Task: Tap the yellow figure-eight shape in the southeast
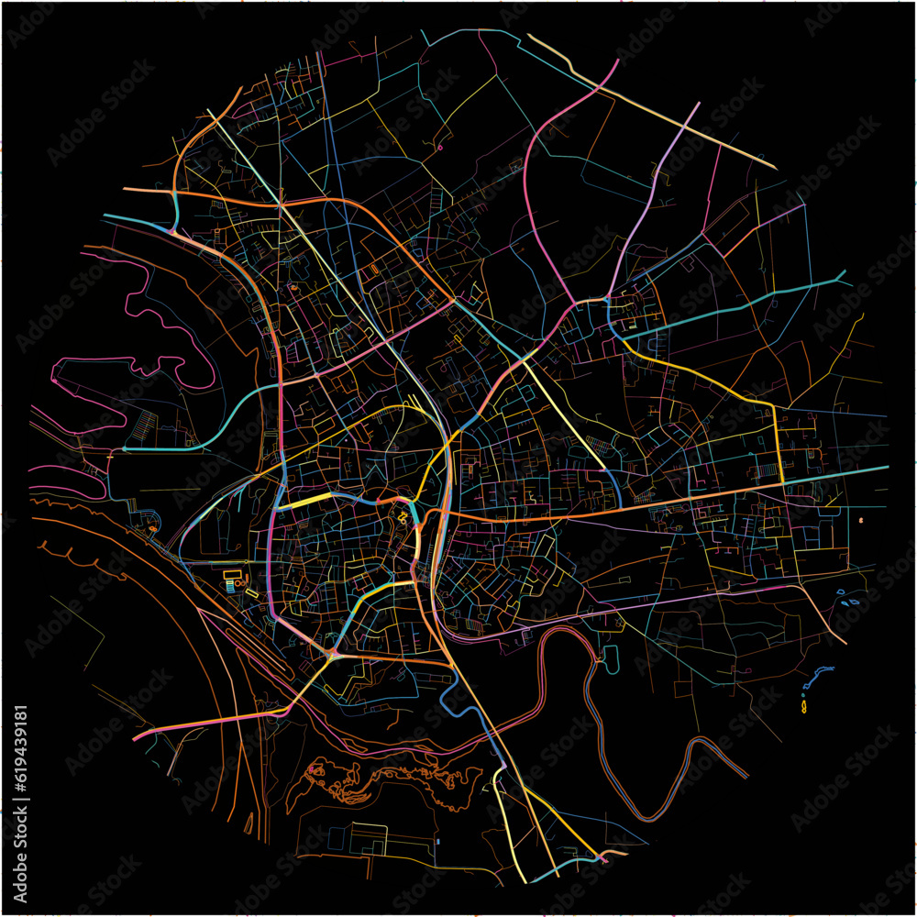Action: (804, 708)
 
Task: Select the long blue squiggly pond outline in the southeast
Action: (818, 679)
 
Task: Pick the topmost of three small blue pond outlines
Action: (844, 591)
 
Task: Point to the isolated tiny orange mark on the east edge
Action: (860, 520)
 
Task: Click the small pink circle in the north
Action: (440, 147)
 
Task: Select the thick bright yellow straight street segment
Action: (297, 503)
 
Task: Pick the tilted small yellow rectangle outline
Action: (251, 593)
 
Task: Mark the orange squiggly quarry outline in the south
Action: (385, 784)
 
